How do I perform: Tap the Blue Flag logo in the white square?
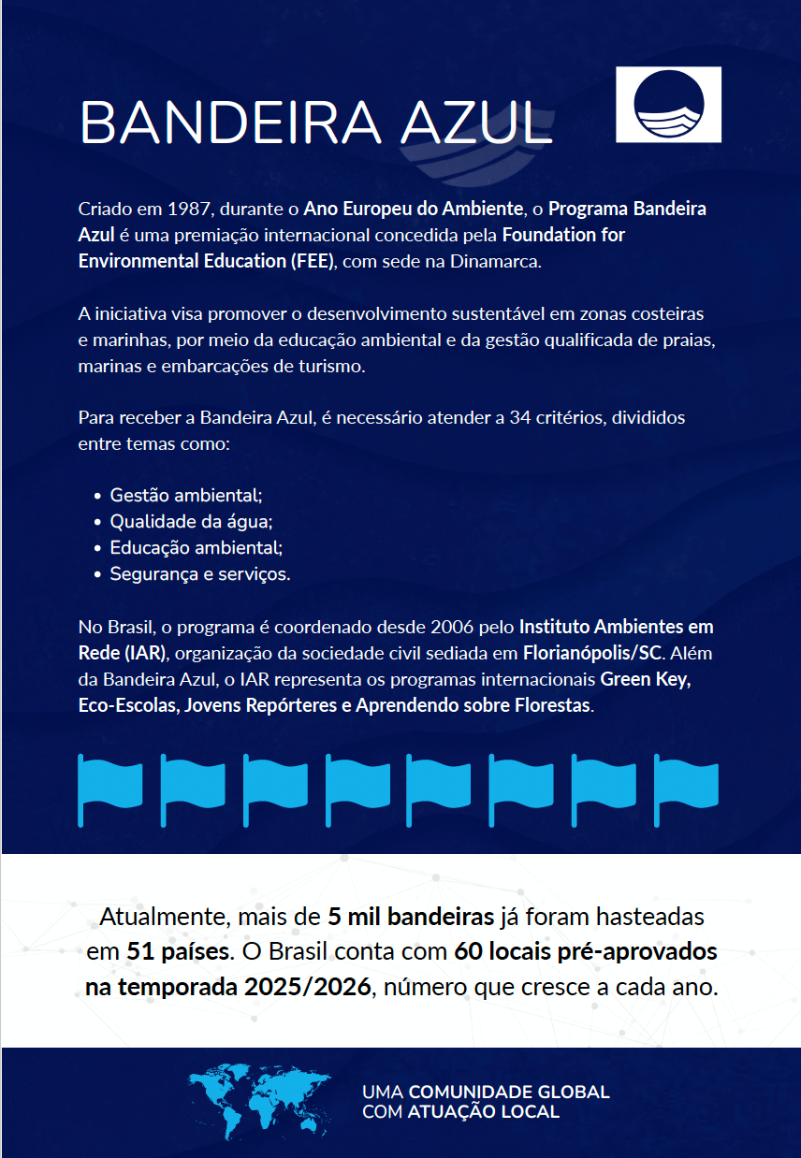[668, 105]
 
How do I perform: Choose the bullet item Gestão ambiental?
[186, 495]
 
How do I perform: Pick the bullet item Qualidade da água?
[191, 521]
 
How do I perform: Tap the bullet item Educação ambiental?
[196, 547]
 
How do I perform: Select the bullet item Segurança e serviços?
[200, 573]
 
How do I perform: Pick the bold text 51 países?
[178, 952]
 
